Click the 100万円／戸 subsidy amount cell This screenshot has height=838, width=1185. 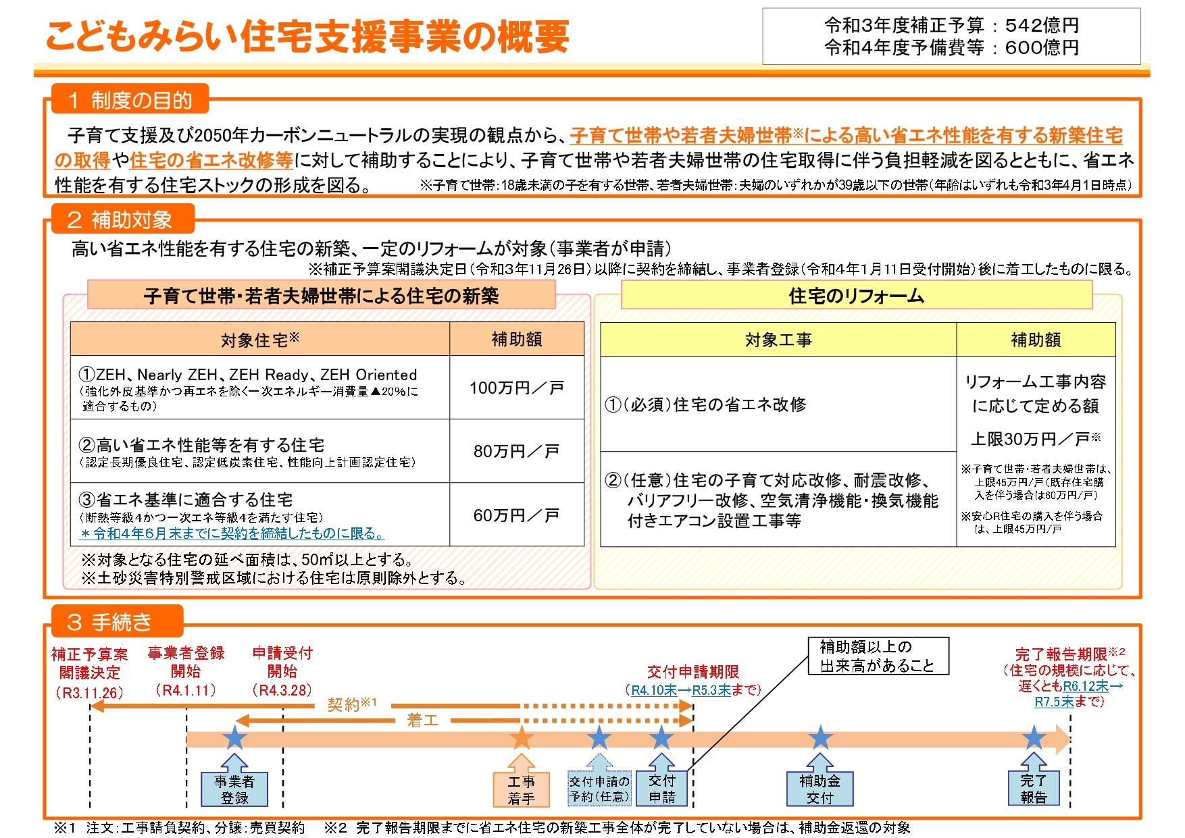pyautogui.click(x=517, y=388)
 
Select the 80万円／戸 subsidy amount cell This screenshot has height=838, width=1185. pyautogui.click(x=517, y=451)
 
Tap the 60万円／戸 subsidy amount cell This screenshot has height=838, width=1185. pyautogui.click(x=517, y=515)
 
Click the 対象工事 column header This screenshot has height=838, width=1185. pyautogui.click(x=778, y=340)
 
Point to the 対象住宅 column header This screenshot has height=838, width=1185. pyautogui.click(x=260, y=339)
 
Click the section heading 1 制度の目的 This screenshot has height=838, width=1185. pyautogui.click(x=130, y=100)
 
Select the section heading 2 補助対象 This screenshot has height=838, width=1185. pyautogui.click(x=123, y=219)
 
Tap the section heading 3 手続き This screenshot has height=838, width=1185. pyautogui.click(x=118, y=621)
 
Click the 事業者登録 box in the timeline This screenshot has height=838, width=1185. pyautogui.click(x=234, y=789)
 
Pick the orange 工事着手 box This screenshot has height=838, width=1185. pyautogui.click(x=522, y=789)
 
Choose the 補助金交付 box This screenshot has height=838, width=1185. pyautogui.click(x=820, y=789)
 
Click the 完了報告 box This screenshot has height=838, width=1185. pyautogui.click(x=1034, y=788)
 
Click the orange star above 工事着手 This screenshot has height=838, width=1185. pyautogui.click(x=522, y=737)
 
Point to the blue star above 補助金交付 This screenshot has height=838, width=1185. pyautogui.click(x=820, y=737)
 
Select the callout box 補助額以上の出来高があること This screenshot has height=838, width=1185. pyautogui.click(x=878, y=656)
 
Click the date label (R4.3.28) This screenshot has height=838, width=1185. pyautogui.click(x=282, y=690)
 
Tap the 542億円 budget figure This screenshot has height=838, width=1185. pyautogui.click(x=1042, y=25)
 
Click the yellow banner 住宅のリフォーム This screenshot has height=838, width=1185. pyautogui.click(x=857, y=295)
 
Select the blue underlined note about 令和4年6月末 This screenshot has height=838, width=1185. pyautogui.click(x=232, y=533)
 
